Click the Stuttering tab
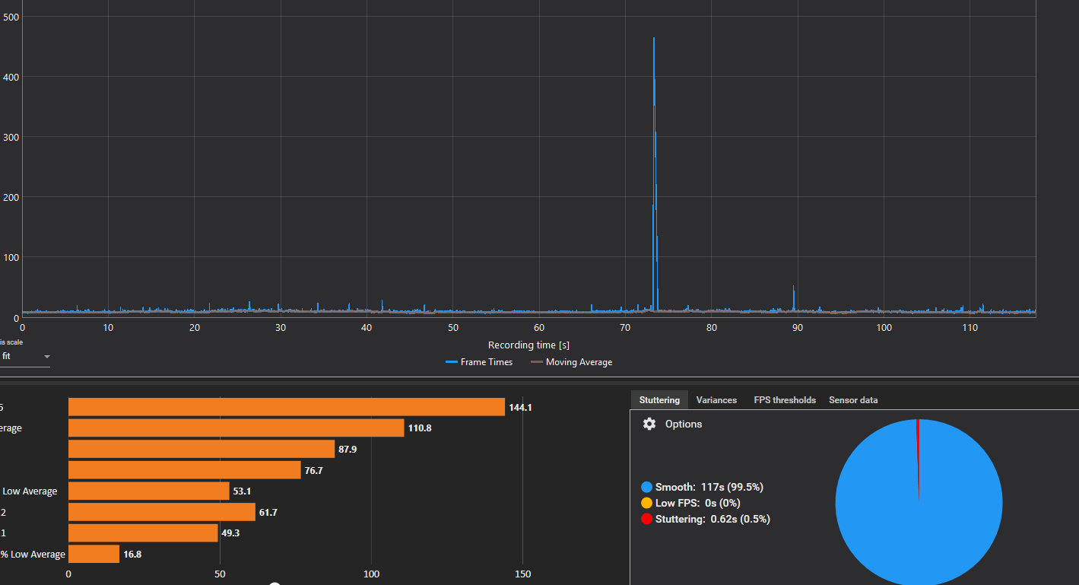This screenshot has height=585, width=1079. (x=659, y=400)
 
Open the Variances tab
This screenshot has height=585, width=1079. (x=716, y=400)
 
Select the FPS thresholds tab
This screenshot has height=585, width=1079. (x=785, y=400)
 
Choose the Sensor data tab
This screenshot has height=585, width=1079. (x=853, y=400)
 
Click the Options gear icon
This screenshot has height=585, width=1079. (x=649, y=424)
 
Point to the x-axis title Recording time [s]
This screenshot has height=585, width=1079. (x=528, y=345)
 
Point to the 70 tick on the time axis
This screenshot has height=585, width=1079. (x=625, y=328)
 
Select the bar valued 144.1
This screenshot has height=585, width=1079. (x=286, y=407)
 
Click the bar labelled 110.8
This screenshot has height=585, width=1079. (x=236, y=428)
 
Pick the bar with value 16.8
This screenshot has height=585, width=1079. (x=94, y=554)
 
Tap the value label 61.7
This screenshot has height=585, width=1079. (x=268, y=513)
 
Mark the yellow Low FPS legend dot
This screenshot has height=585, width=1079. (x=647, y=503)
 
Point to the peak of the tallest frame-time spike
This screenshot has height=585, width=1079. (x=654, y=38)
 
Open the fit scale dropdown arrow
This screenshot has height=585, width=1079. (x=47, y=357)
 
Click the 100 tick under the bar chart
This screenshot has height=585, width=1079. (x=372, y=574)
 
